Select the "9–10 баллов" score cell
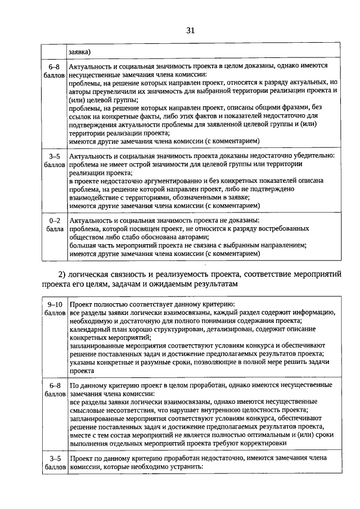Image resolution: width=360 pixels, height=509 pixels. point(55,307)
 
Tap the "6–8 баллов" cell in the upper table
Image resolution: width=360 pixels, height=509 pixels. point(55,70)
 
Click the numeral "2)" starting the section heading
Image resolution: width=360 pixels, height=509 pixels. point(63,274)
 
